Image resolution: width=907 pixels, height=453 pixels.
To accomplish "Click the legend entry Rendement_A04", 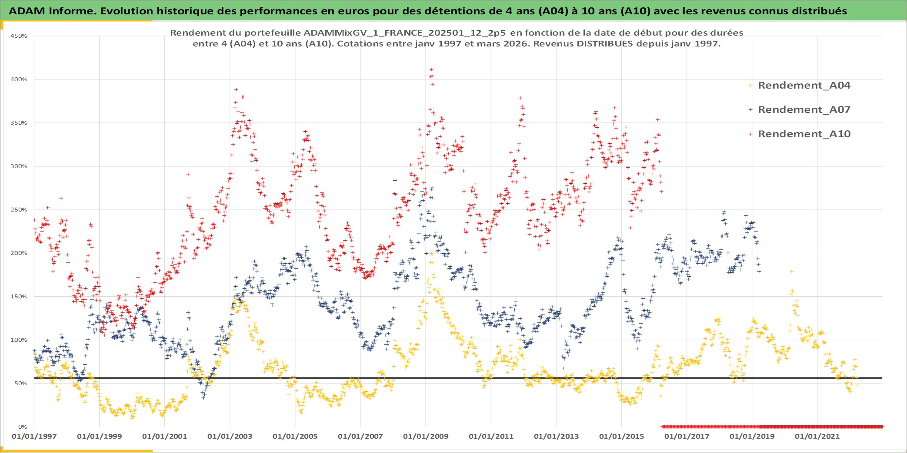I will pyautogui.click(x=804, y=85).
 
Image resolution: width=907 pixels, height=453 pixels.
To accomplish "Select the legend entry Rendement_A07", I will pyautogui.click(x=804, y=109).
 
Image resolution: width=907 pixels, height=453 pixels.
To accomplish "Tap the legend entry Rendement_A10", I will pyautogui.click(x=804, y=134).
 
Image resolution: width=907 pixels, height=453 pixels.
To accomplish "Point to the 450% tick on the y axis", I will pyautogui.click(x=19, y=36).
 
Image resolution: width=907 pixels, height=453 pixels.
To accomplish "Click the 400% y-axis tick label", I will pyautogui.click(x=19, y=79).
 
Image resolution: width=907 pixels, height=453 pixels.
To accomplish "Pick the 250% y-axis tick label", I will pyautogui.click(x=19, y=210).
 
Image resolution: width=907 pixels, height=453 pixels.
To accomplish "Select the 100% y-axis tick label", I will pyautogui.click(x=19, y=340).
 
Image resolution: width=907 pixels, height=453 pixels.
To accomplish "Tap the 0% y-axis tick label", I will pyautogui.click(x=22, y=427).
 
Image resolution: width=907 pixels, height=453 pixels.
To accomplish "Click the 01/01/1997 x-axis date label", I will pyautogui.click(x=34, y=436).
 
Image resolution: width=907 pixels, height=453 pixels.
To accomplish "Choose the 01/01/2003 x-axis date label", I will pyautogui.click(x=230, y=436).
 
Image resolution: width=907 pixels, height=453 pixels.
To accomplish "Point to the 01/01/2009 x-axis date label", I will pyautogui.click(x=425, y=436).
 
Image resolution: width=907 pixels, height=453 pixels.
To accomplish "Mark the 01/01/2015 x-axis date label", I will pyautogui.click(x=621, y=436).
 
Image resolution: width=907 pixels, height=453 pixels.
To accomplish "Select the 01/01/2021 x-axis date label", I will pyautogui.click(x=817, y=436).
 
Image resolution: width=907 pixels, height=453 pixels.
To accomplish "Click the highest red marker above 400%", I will pyautogui.click(x=431, y=69).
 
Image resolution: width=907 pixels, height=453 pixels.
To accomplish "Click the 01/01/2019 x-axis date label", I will pyautogui.click(x=752, y=436).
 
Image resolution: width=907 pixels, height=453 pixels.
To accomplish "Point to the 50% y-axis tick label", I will pyautogui.click(x=20, y=384).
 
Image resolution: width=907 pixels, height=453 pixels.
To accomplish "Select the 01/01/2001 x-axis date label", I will pyautogui.click(x=164, y=436).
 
